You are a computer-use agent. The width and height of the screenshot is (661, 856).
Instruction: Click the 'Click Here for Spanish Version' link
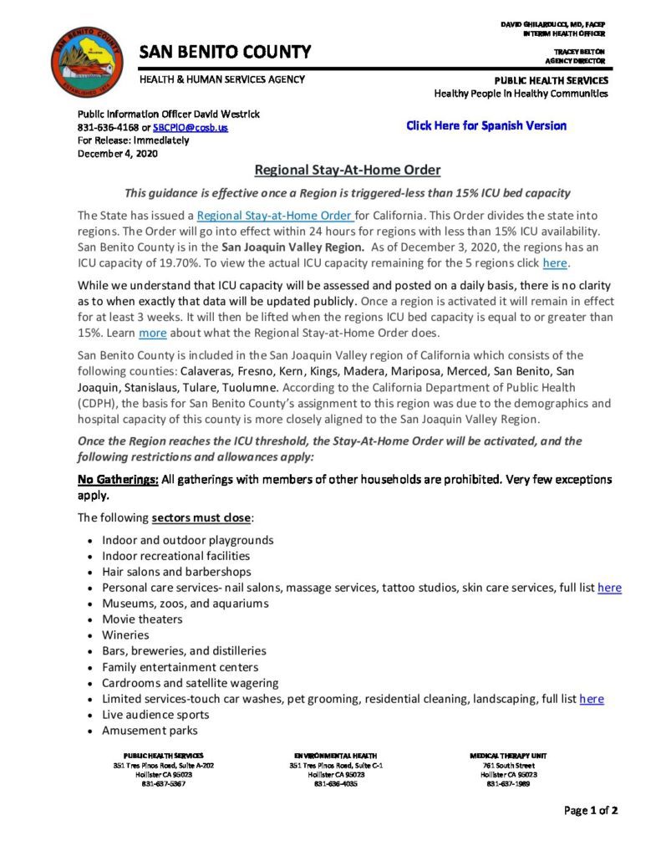(486, 126)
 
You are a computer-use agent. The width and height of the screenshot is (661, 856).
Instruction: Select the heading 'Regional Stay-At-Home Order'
(347, 170)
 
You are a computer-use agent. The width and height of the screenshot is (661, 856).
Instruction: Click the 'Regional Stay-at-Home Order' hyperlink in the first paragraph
(264, 215)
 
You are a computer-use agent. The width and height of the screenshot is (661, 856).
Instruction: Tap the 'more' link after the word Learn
(152, 332)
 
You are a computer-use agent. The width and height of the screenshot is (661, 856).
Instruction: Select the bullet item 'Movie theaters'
(142, 619)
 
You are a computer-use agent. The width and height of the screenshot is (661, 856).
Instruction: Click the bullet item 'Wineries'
(125, 634)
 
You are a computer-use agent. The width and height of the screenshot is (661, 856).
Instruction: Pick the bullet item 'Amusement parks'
(150, 730)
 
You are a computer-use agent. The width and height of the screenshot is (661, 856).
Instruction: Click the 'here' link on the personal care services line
(609, 588)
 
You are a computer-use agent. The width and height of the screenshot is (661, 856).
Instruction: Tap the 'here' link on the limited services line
(591, 698)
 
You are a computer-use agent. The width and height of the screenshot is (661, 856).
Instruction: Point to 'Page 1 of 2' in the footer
(591, 809)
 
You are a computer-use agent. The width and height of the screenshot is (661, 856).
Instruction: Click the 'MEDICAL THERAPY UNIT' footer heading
(508, 756)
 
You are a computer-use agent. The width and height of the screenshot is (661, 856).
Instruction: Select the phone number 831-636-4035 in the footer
(337, 783)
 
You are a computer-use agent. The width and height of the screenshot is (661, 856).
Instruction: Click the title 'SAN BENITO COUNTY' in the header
(225, 52)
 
